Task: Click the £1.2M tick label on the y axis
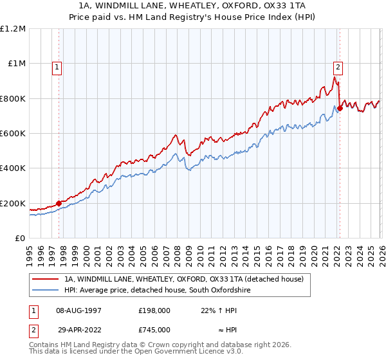tap(12, 29)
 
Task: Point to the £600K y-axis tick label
tap(12, 134)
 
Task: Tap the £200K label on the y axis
tap(12, 204)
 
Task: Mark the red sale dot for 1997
tap(59, 203)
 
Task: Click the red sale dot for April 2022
tap(340, 108)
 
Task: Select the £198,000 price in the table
tap(154, 310)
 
